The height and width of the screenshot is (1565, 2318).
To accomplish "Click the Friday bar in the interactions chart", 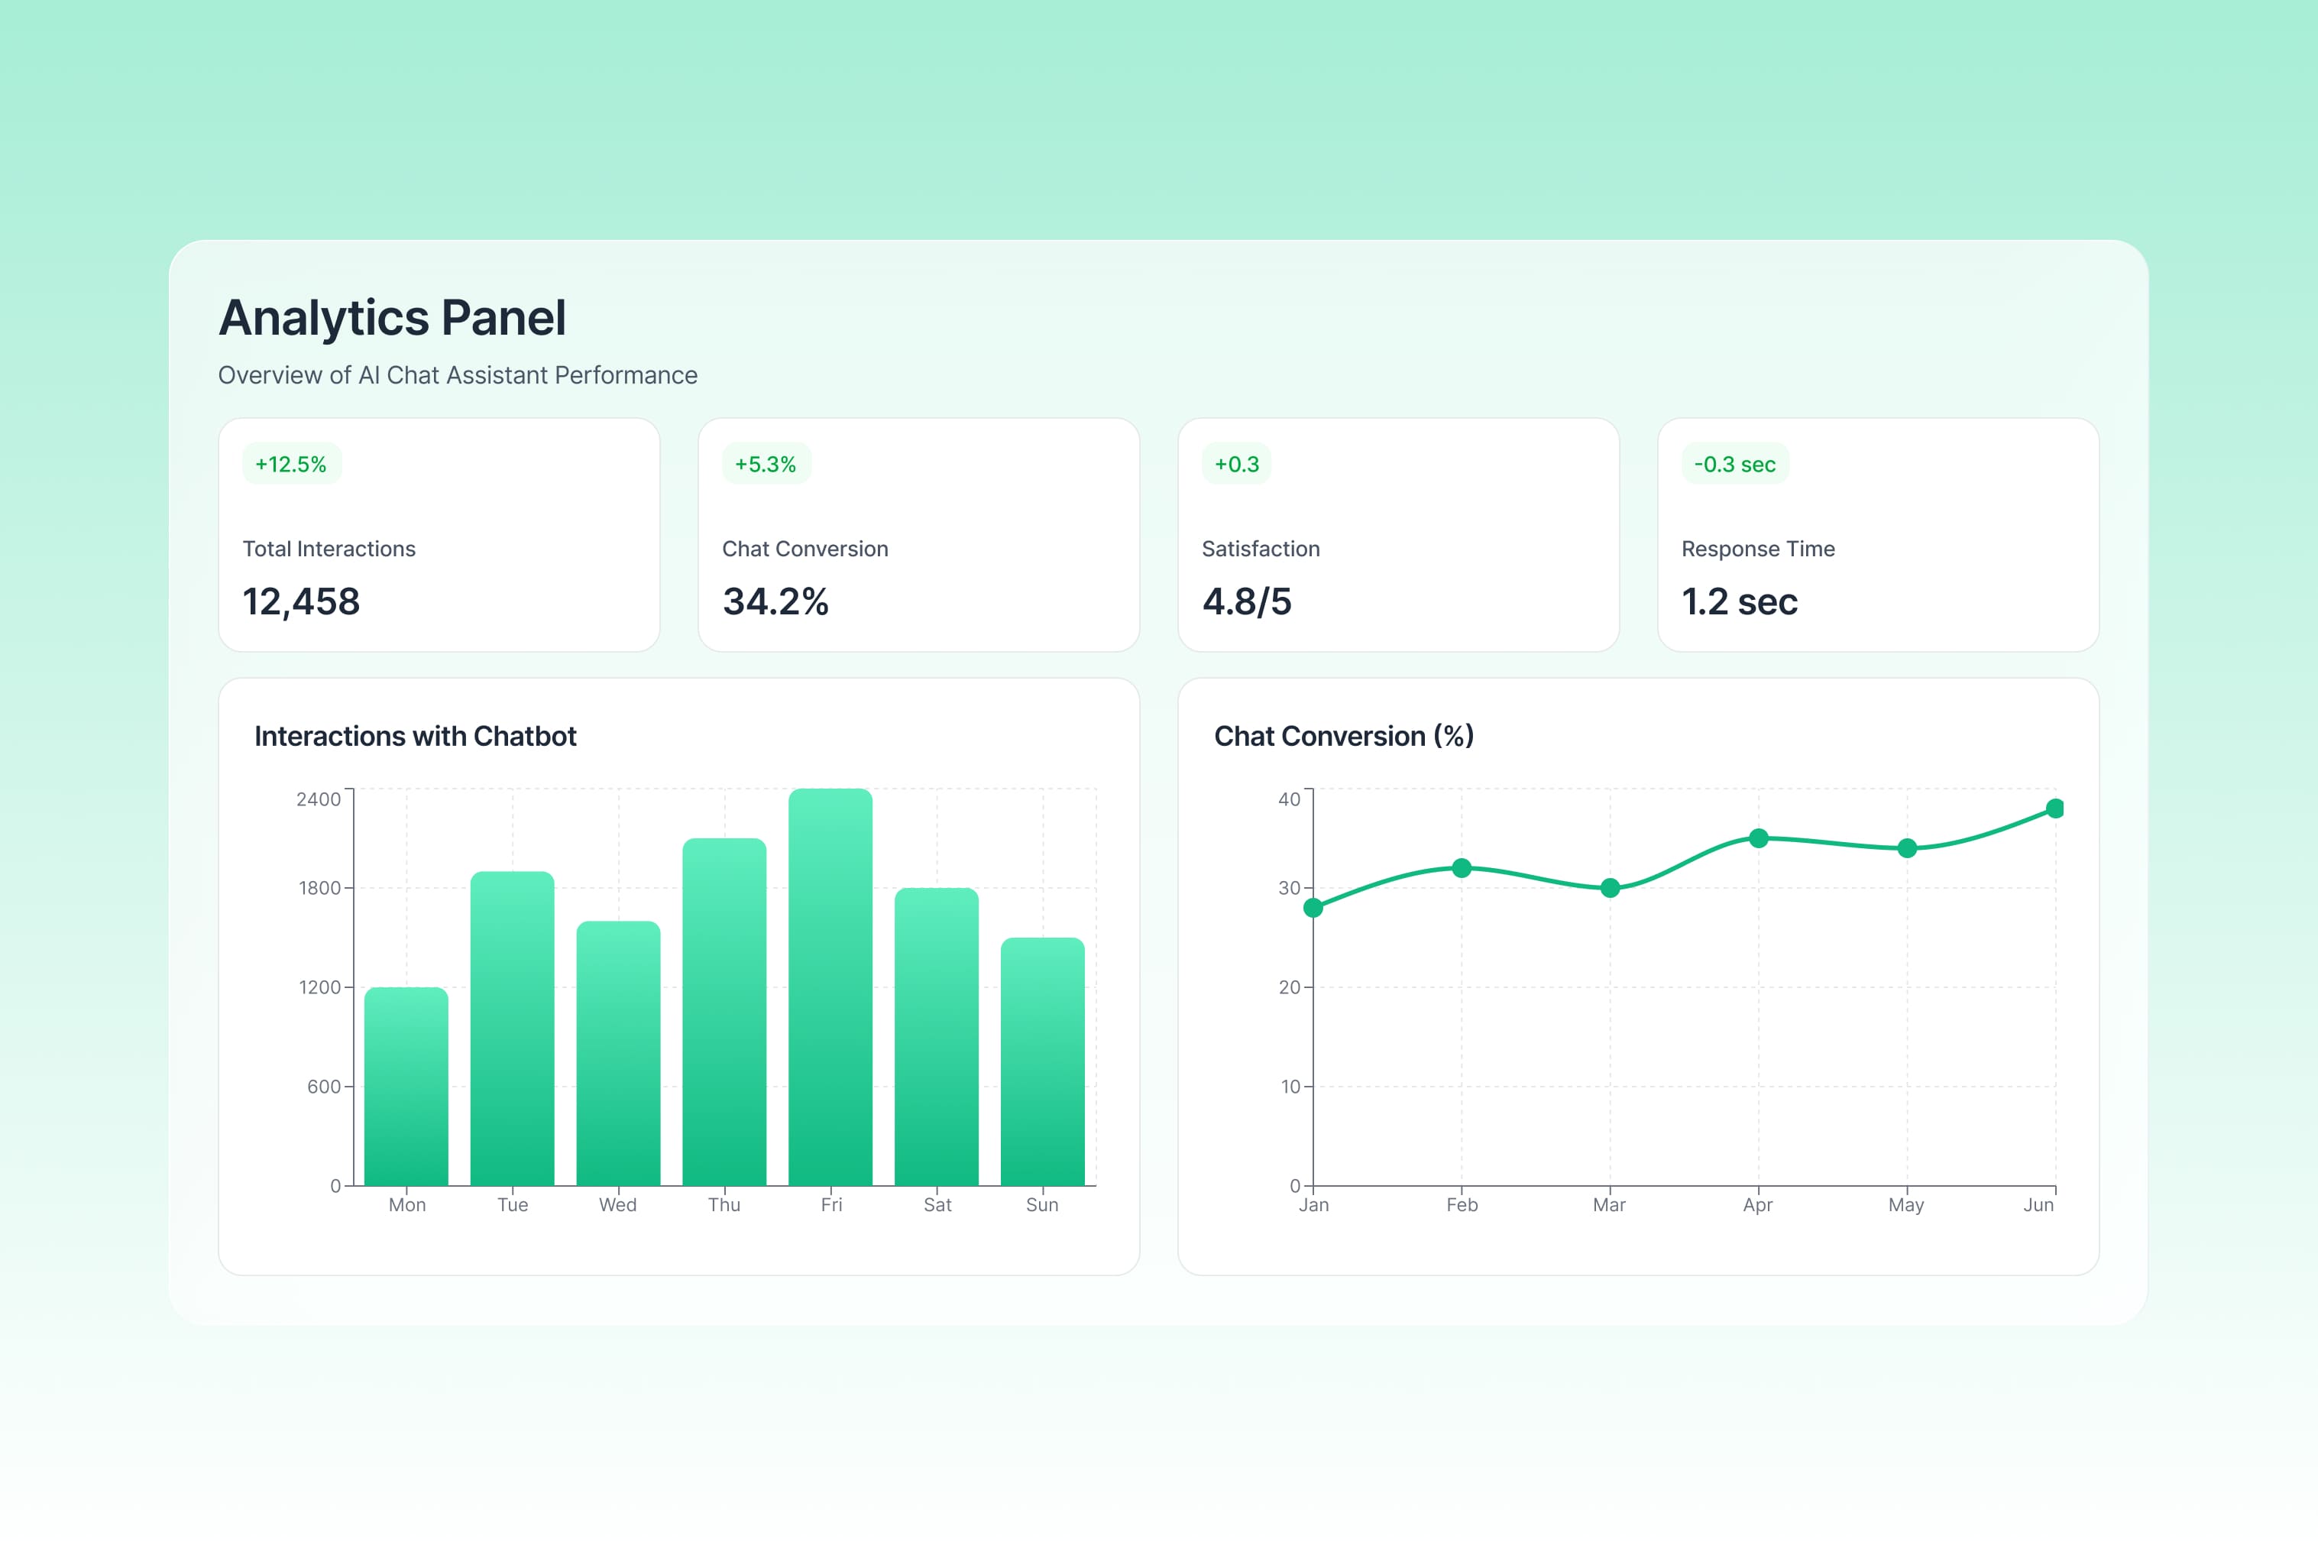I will click(x=830, y=987).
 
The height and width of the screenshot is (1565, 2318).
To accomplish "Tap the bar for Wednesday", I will click(x=618, y=1053).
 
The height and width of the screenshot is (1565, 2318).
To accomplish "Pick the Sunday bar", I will click(x=1042, y=1061).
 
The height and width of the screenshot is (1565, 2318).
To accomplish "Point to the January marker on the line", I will click(x=1313, y=908).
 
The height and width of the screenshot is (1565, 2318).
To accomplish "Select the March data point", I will click(x=1610, y=888).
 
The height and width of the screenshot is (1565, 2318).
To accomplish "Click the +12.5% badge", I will click(x=291, y=464).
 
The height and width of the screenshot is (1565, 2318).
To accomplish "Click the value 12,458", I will click(x=301, y=601).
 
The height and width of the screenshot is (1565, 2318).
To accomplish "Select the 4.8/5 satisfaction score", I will click(x=1247, y=601).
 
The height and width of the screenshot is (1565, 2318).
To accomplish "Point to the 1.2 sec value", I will click(x=1740, y=601).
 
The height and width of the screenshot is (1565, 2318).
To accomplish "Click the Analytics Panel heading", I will click(x=392, y=318).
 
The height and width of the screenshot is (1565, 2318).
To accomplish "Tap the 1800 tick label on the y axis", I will click(x=319, y=888).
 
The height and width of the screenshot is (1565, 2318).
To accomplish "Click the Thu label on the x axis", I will click(x=724, y=1205).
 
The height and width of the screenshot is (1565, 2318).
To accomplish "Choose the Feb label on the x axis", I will click(x=1462, y=1205).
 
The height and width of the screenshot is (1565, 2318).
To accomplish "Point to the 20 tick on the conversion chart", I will click(x=1290, y=987).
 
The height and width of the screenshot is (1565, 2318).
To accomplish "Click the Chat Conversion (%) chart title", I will click(x=1344, y=736).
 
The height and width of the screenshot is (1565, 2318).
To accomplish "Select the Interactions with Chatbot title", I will click(x=415, y=736).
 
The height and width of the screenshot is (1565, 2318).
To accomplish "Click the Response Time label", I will click(x=1757, y=549).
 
